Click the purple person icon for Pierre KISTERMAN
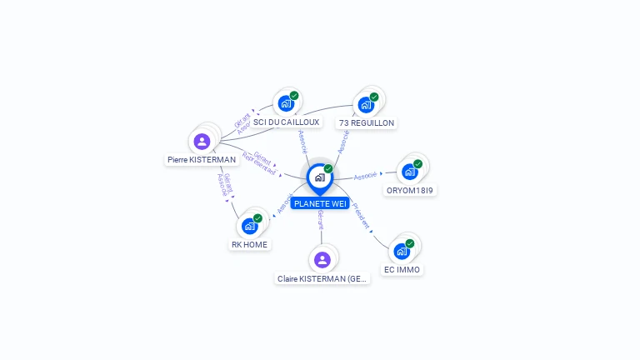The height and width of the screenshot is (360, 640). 202,141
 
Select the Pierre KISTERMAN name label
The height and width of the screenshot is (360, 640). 202,160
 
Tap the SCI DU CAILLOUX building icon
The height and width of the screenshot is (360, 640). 286,103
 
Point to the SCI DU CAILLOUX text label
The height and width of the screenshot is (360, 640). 286,122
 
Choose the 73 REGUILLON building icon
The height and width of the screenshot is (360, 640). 365,104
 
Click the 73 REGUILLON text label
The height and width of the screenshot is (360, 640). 366,122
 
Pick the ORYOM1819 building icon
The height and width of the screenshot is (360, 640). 409,172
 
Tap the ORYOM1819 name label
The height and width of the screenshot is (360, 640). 410,190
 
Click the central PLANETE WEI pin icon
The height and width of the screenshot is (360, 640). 319,177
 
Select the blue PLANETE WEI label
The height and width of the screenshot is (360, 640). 320,203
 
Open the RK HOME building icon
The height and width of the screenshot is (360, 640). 249,226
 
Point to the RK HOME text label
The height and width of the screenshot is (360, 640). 249,244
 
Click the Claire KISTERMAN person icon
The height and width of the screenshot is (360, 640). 322,259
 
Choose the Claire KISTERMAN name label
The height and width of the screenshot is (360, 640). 322,278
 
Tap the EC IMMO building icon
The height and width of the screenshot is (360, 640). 402,251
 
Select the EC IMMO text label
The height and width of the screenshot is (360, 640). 402,269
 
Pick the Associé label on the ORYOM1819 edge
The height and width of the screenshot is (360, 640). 366,176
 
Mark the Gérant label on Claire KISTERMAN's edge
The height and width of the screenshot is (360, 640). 320,220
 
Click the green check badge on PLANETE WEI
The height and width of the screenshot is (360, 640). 328,168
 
